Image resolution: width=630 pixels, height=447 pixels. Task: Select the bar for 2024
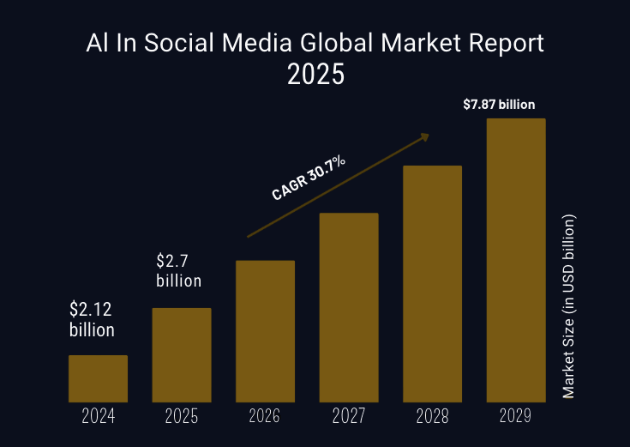(x=98, y=378)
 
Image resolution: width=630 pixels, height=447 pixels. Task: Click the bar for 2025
(x=182, y=354)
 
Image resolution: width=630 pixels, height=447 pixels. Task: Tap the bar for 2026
(x=265, y=331)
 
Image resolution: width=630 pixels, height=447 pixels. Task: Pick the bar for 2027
(x=349, y=307)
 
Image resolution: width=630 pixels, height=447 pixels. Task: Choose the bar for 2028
(x=432, y=283)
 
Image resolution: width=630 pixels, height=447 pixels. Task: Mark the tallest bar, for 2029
(x=516, y=260)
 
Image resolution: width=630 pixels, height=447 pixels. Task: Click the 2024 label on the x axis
(x=98, y=417)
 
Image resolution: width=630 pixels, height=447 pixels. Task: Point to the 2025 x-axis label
(x=182, y=417)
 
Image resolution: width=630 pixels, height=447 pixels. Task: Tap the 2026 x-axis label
(x=265, y=417)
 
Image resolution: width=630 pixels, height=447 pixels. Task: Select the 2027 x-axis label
(x=349, y=417)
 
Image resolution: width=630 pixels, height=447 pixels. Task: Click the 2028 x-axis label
(x=432, y=417)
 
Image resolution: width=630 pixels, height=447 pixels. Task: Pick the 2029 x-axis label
(x=516, y=417)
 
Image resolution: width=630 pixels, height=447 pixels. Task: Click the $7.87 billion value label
(x=499, y=105)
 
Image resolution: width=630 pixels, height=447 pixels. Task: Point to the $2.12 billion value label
(x=92, y=319)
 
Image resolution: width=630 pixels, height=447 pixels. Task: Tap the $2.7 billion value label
(x=178, y=270)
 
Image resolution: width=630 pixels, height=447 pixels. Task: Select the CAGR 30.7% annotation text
(x=309, y=178)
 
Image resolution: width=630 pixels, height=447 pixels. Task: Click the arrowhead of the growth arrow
(x=424, y=135)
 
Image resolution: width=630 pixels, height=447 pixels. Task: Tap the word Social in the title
(x=171, y=43)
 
